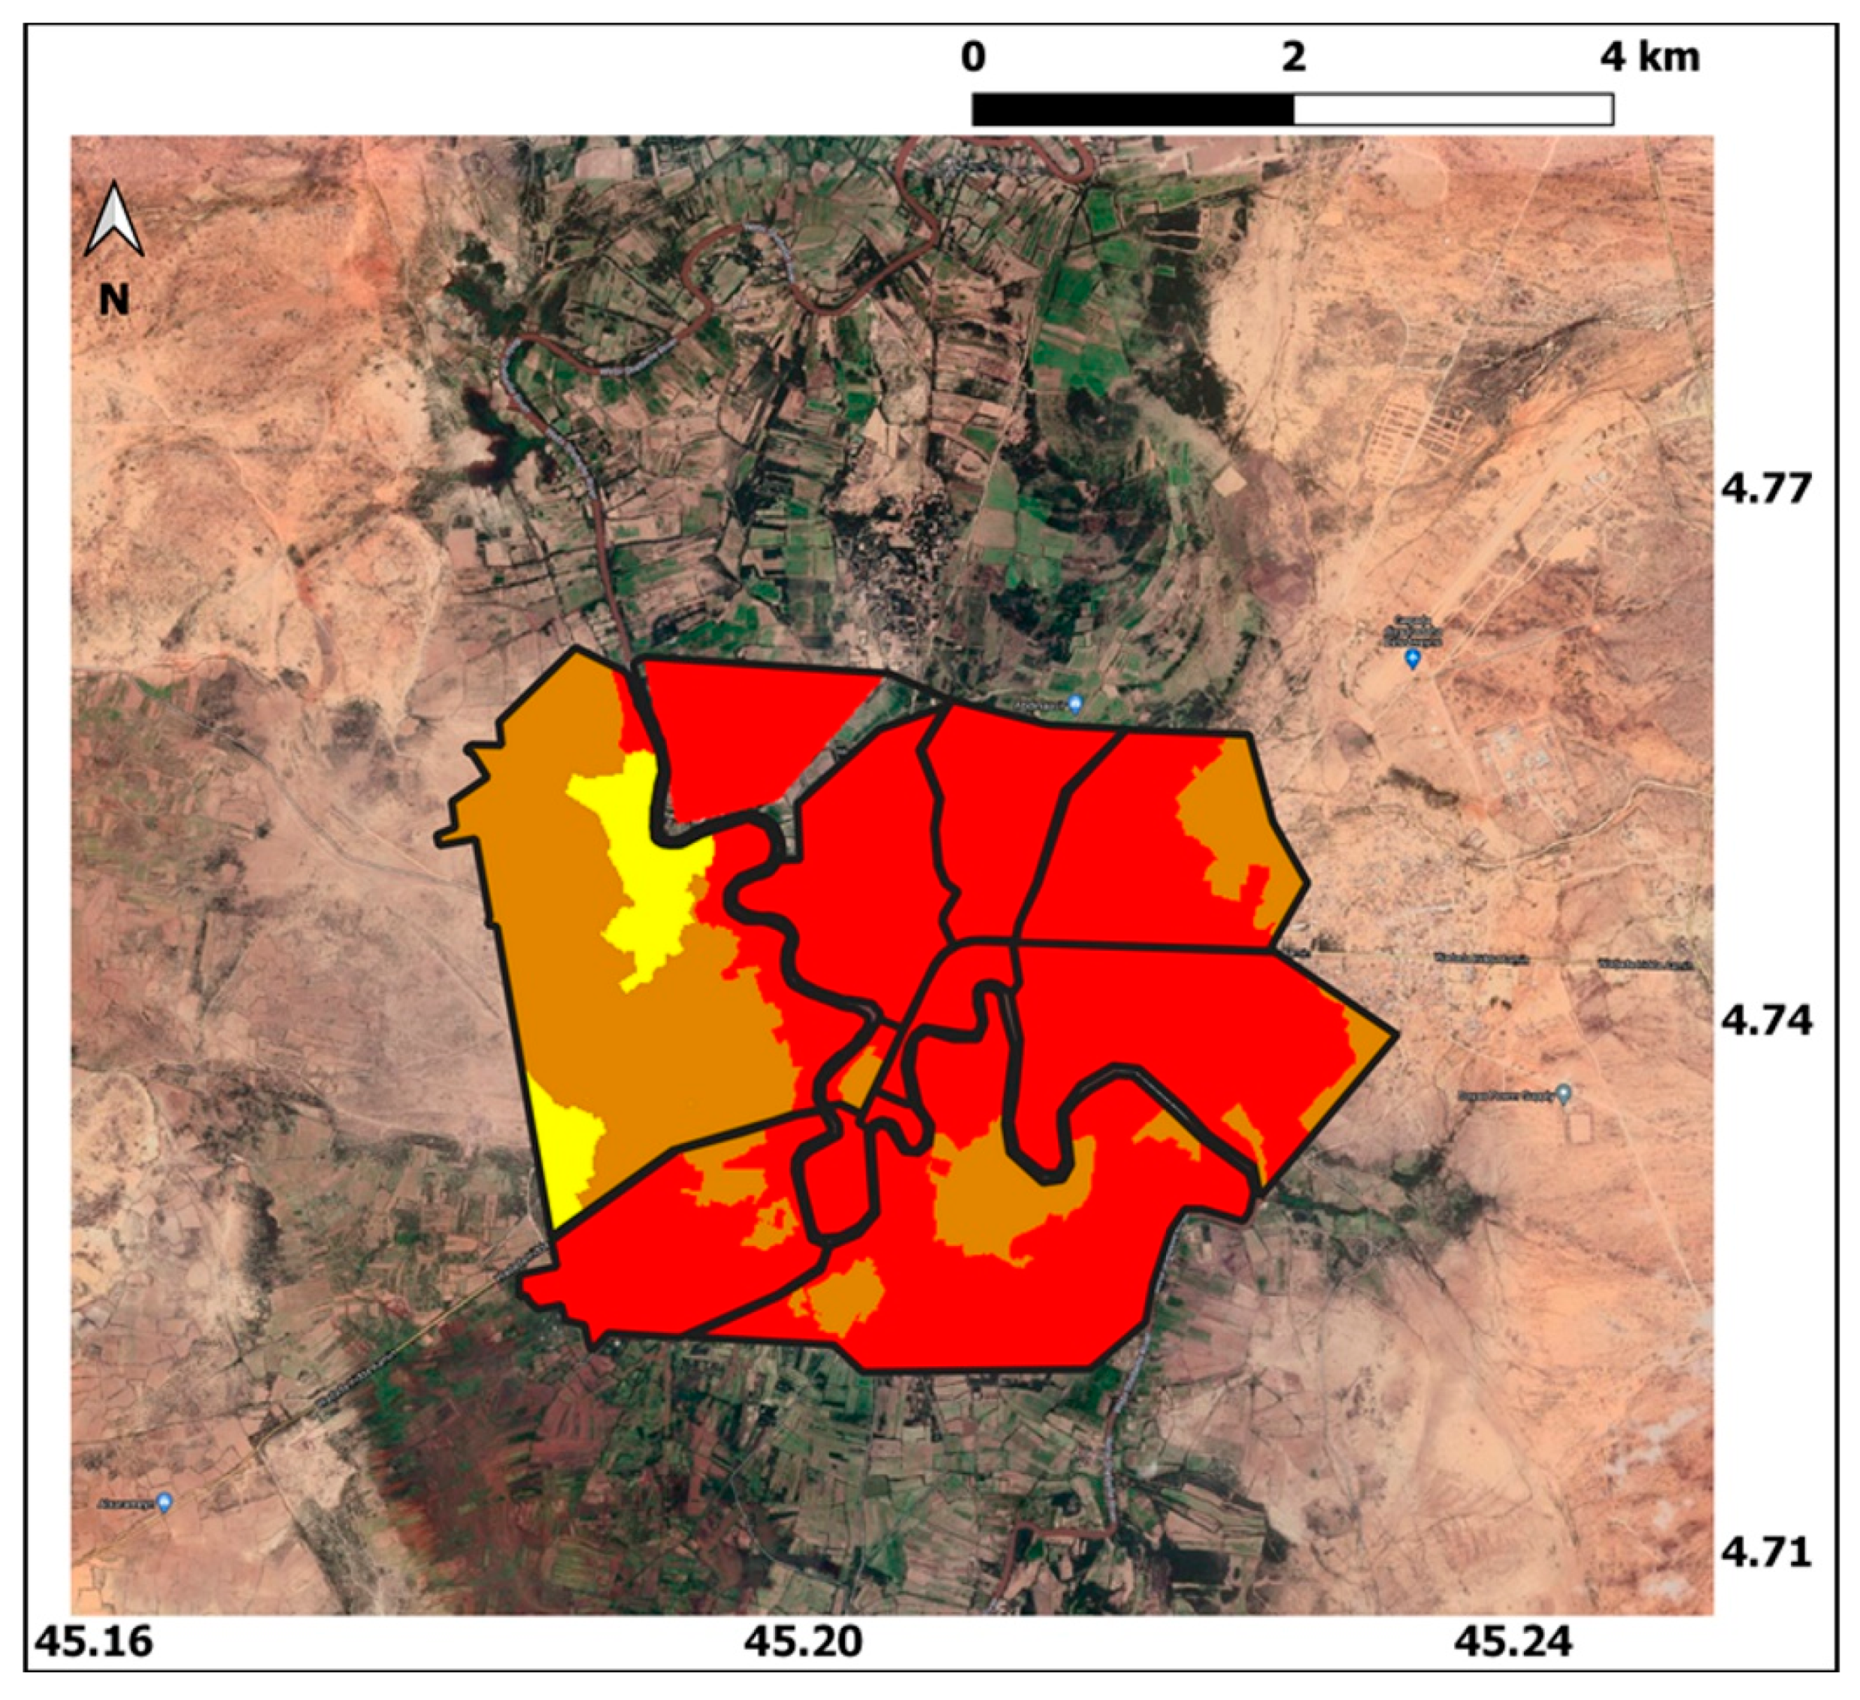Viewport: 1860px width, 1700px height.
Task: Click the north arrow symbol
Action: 114,220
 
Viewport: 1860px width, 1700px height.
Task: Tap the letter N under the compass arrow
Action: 114,300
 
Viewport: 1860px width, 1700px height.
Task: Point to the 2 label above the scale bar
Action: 1294,57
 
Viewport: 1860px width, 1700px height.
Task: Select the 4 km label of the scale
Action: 1649,57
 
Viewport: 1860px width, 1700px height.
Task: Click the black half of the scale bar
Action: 1133,109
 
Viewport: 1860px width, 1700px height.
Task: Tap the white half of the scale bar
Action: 1453,109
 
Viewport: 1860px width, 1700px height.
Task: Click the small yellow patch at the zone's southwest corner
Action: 568,1153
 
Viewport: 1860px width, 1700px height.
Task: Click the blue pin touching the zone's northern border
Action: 1074,706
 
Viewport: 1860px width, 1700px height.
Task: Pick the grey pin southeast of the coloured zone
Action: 1563,1095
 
